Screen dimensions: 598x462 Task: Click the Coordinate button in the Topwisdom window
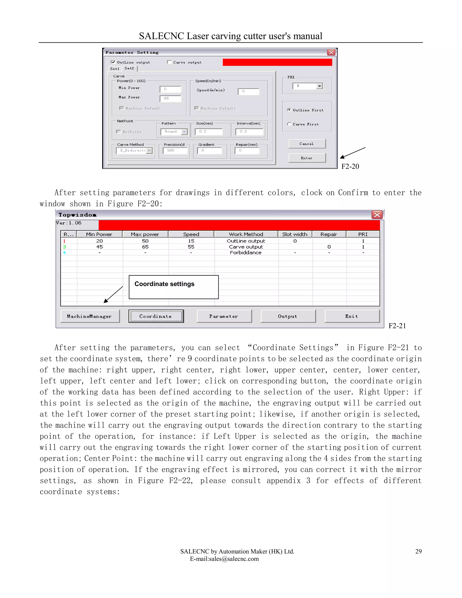pos(156,316)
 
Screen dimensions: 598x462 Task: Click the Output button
pos(288,316)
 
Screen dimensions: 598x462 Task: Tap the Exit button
pos(352,316)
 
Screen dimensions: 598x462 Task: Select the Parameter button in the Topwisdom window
pos(224,316)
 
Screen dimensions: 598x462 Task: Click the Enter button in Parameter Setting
pos(307,158)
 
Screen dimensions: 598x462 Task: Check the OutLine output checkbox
pos(113,62)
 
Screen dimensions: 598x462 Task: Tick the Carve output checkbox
pos(169,62)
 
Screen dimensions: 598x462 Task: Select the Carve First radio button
pos(289,124)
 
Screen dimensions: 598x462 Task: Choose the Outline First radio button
pos(289,110)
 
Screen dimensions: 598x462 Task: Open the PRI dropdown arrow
pos(319,86)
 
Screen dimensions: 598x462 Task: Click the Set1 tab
pos(115,69)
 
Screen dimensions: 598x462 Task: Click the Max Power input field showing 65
pos(170,98)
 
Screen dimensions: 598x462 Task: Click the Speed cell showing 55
pos(191,247)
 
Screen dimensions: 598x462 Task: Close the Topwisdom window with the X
pos(377,215)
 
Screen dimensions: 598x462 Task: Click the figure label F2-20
pos(350,167)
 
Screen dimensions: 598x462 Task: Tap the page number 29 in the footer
pos(418,551)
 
